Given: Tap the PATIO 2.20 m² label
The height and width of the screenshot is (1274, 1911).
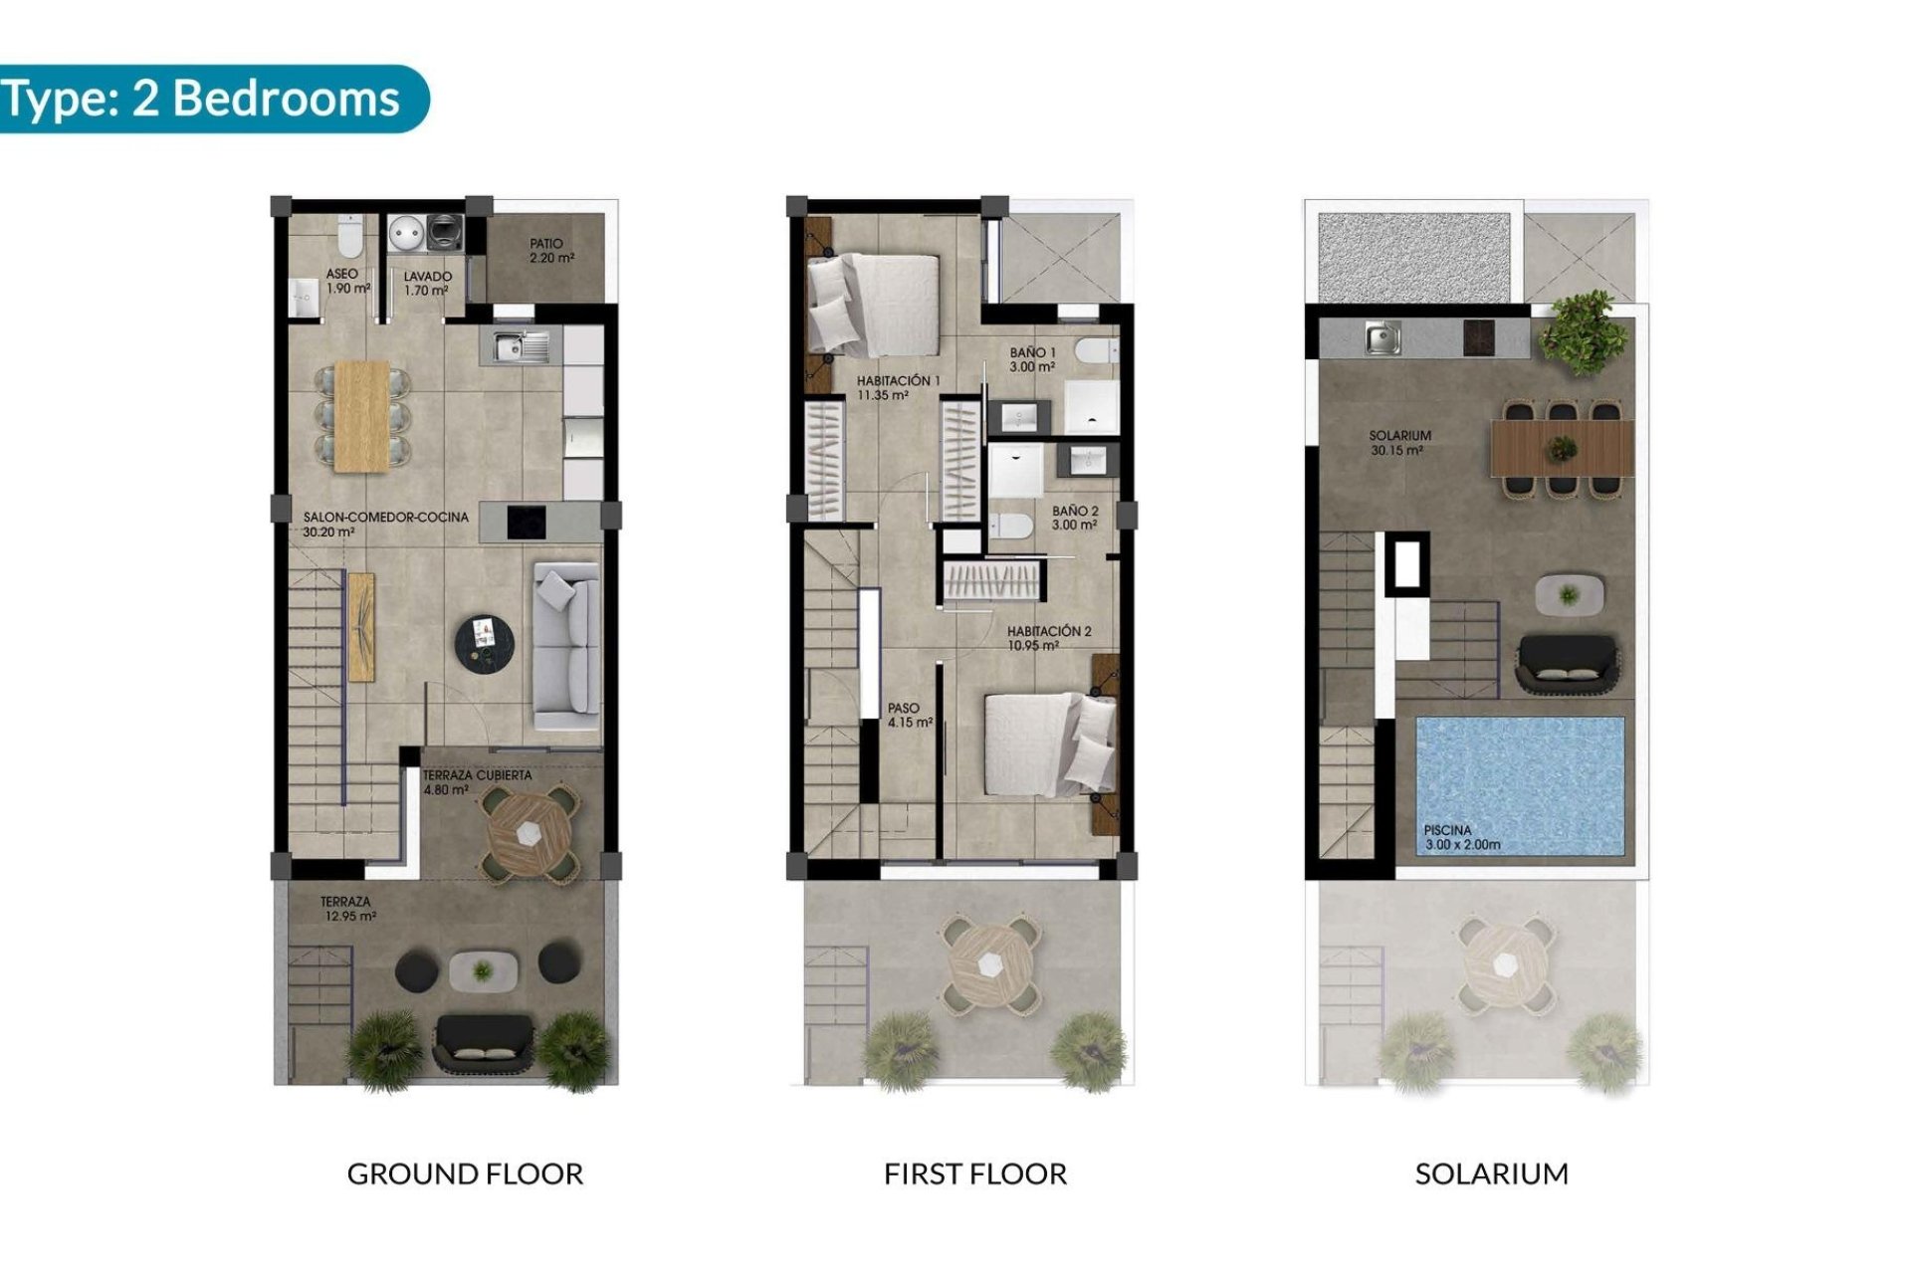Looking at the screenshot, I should tap(550, 251).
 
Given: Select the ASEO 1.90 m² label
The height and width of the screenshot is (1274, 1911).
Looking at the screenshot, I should tap(345, 281).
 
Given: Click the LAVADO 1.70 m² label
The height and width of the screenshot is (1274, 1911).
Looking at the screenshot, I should tap(427, 284).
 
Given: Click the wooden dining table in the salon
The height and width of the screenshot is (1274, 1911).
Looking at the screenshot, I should tap(362, 415).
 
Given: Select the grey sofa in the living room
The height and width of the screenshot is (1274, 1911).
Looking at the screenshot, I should tap(567, 646).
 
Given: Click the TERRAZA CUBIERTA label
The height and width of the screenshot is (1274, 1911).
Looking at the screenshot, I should tap(477, 775).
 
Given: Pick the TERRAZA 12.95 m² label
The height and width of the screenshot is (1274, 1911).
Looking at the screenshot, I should tap(347, 909).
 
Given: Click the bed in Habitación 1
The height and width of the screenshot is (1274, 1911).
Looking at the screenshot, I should tap(874, 305).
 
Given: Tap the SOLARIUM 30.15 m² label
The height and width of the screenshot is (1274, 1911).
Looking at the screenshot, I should tap(1398, 443).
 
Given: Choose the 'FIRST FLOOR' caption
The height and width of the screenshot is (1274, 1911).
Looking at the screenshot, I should tap(974, 1174).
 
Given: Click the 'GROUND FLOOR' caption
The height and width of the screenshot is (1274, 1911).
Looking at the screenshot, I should tap(465, 1174).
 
